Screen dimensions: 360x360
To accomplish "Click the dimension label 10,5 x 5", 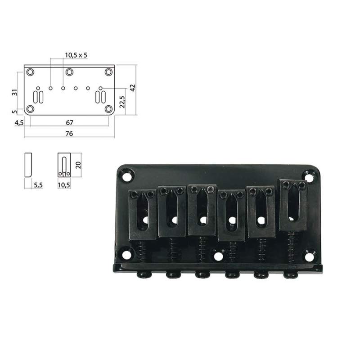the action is [76, 55].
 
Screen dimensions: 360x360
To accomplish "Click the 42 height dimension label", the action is [133, 88].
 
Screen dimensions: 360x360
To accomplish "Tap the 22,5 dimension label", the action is [122, 102].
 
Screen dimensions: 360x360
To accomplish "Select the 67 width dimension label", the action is [69, 122].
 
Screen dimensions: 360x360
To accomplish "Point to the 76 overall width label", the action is [69, 133].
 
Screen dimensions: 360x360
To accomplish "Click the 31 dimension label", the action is [15, 92].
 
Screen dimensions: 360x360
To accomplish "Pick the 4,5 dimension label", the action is [19, 123].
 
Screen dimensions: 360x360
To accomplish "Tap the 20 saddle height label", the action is [78, 165].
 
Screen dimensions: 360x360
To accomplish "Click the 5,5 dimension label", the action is [38, 185].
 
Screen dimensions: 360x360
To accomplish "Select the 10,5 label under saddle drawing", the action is [64, 185].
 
